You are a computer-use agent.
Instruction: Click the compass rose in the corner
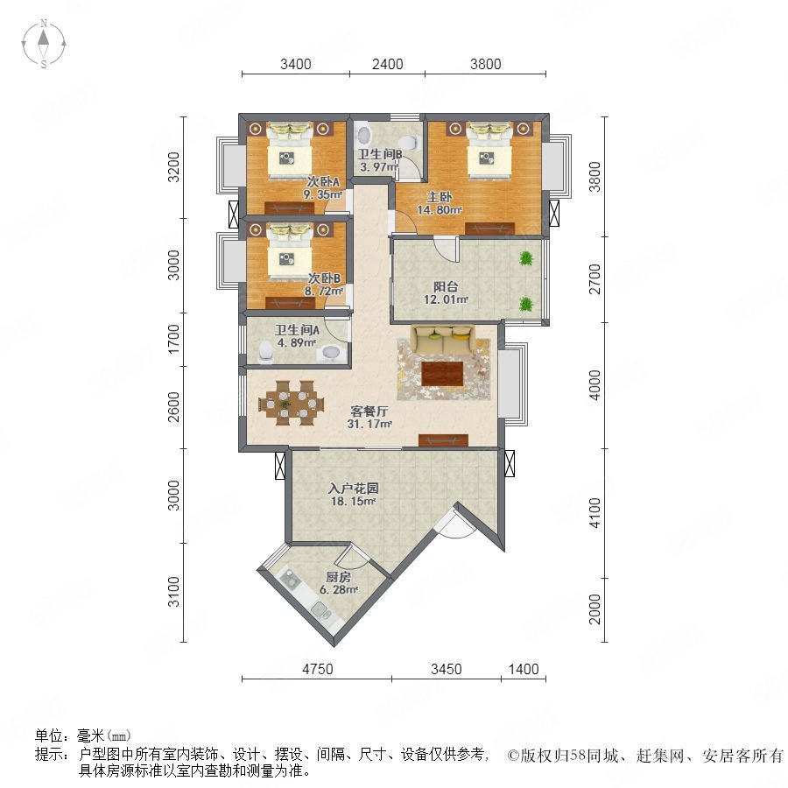click(x=44, y=44)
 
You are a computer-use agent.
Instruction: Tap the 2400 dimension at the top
click(x=387, y=64)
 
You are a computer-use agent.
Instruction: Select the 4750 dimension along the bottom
click(x=317, y=670)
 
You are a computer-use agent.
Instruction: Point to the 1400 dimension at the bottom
click(x=524, y=670)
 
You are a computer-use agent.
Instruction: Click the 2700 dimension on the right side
click(x=595, y=279)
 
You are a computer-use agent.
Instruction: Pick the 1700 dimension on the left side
click(x=173, y=339)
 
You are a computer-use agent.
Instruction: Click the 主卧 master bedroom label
click(x=440, y=198)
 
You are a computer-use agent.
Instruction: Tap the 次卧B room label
click(x=324, y=278)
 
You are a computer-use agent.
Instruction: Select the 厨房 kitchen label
click(x=338, y=578)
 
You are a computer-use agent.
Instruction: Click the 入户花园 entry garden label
click(x=354, y=489)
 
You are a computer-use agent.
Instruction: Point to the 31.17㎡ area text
click(x=369, y=424)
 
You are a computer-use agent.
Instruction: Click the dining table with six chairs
click(x=291, y=403)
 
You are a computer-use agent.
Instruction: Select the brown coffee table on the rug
click(x=442, y=374)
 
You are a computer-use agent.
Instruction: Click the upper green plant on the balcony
click(x=526, y=258)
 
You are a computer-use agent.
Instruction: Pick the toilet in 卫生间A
click(x=265, y=353)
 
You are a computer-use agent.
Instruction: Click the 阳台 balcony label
click(x=446, y=287)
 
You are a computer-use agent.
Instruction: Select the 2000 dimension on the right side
click(x=595, y=609)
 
